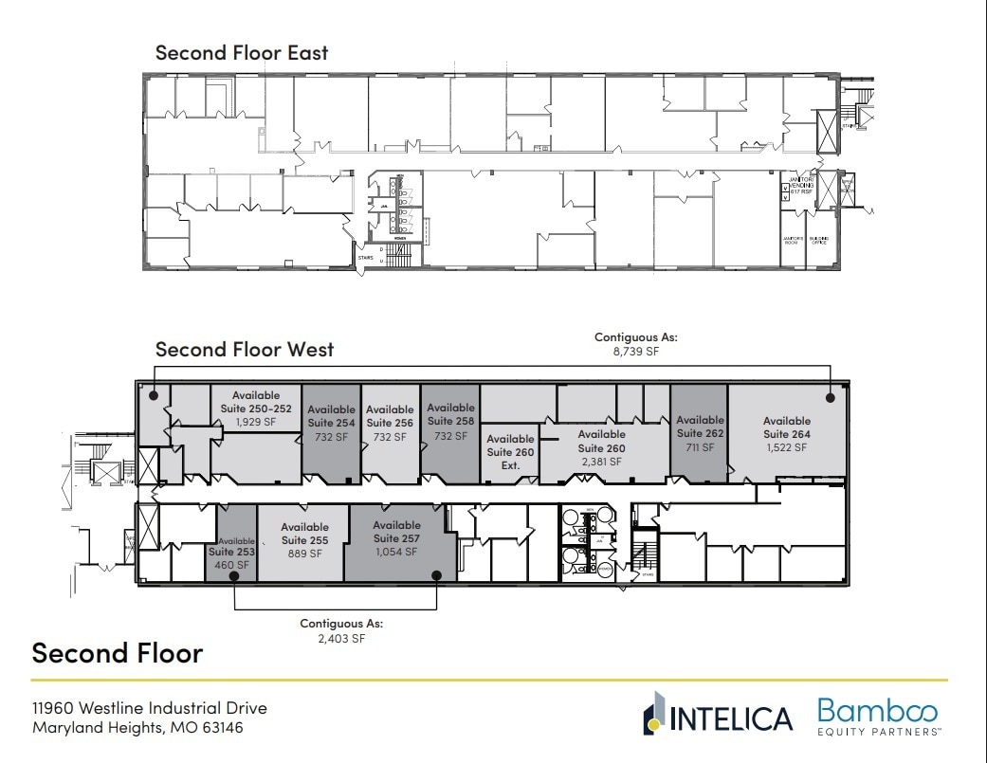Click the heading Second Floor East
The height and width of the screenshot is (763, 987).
coord(243,52)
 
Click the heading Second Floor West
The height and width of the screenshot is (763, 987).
coord(245,349)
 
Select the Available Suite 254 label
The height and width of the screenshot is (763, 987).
coord(331,423)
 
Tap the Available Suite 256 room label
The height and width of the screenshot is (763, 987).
coord(391,423)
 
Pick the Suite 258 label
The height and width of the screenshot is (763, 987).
coord(450,421)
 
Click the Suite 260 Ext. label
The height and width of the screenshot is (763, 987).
coord(510,452)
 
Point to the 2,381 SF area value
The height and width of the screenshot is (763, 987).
coord(602,462)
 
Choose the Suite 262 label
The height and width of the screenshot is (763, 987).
coord(700,433)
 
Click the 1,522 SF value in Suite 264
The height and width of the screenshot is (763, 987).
coord(787,447)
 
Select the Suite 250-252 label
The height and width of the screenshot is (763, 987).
coord(256,408)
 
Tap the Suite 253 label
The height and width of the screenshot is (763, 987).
coord(232,553)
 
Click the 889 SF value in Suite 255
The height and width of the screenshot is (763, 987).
coord(305,554)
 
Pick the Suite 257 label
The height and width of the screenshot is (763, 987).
coord(396,538)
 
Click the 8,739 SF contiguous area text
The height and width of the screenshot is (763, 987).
coord(635,351)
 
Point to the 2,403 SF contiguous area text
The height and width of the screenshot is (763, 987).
coord(341,639)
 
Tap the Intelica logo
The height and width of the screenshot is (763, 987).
coord(718,717)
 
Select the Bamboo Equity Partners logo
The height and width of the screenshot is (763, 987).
coord(877,717)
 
